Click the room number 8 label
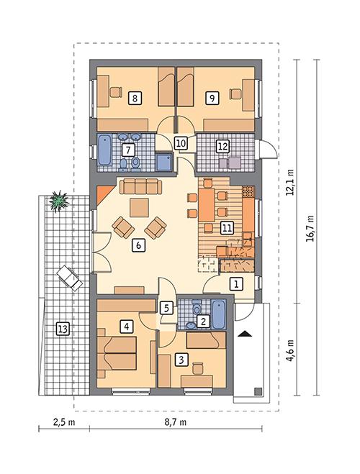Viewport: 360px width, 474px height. (x=134, y=97)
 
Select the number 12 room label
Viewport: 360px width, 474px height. (x=223, y=147)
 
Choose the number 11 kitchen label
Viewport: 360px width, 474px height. (x=227, y=228)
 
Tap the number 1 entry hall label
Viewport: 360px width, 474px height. (x=235, y=284)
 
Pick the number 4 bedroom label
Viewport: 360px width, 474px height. (x=127, y=327)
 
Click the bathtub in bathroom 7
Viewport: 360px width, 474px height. (x=105, y=149)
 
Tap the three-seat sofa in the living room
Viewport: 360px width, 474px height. (x=140, y=187)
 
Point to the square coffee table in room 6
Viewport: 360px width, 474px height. (x=139, y=208)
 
